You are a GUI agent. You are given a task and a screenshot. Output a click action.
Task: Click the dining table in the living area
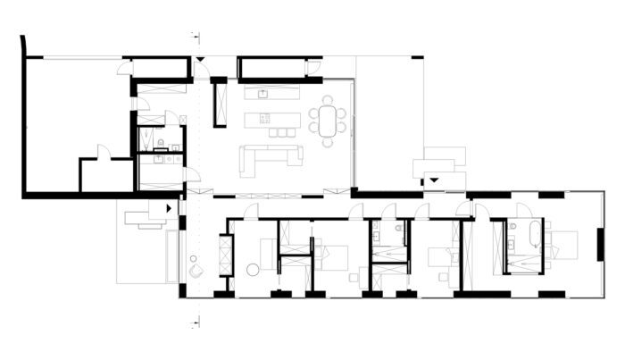tap(329, 119)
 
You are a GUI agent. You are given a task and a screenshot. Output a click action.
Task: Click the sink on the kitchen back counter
tap(264, 92)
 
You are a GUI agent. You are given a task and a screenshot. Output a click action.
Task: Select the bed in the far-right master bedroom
tap(562, 243)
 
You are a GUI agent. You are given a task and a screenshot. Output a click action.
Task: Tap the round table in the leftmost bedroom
tap(252, 269)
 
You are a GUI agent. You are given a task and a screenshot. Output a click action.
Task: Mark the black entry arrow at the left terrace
tap(167, 209)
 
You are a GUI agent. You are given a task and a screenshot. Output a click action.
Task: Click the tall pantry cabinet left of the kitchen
tap(219, 103)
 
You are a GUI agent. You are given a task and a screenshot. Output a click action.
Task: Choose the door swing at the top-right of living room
tap(312, 68)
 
